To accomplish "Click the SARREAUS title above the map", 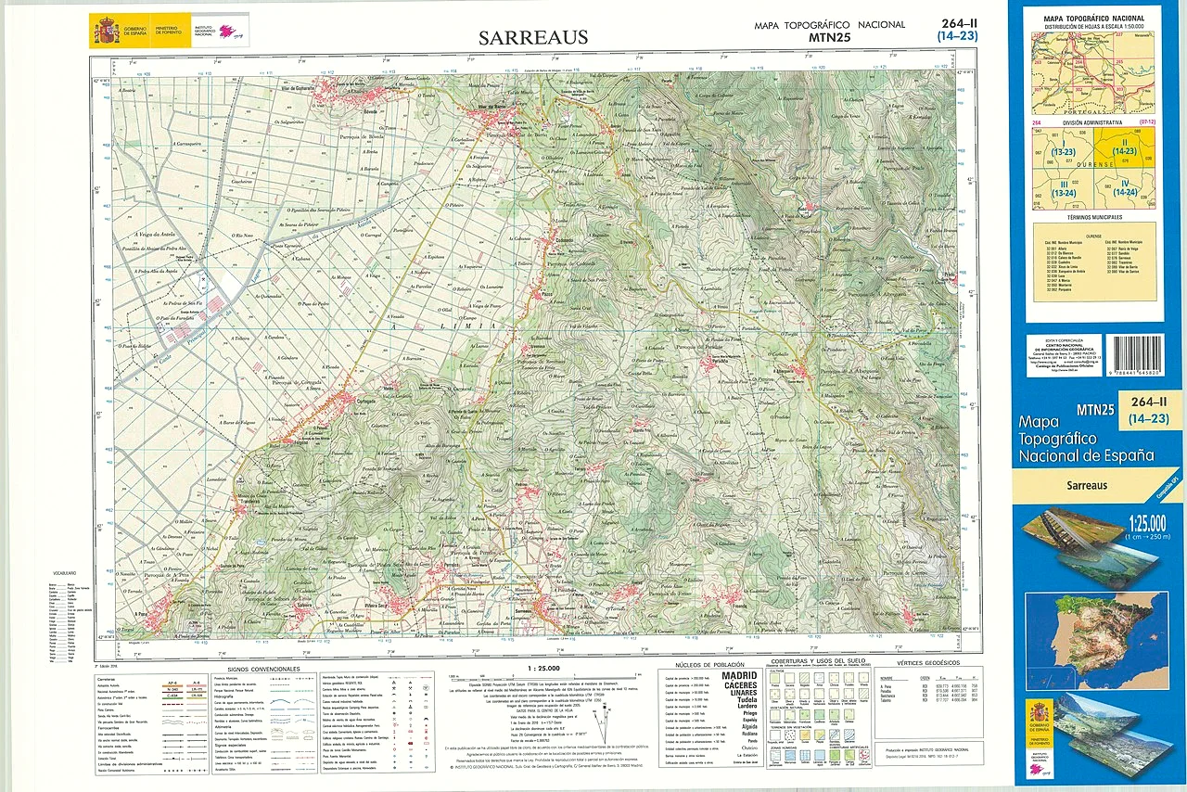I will pyautogui.click(x=533, y=37).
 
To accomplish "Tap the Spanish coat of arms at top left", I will pyautogui.click(x=105, y=32).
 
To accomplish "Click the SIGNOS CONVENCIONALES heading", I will pyautogui.click(x=262, y=668).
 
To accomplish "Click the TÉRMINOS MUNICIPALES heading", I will pyautogui.click(x=1093, y=217).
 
